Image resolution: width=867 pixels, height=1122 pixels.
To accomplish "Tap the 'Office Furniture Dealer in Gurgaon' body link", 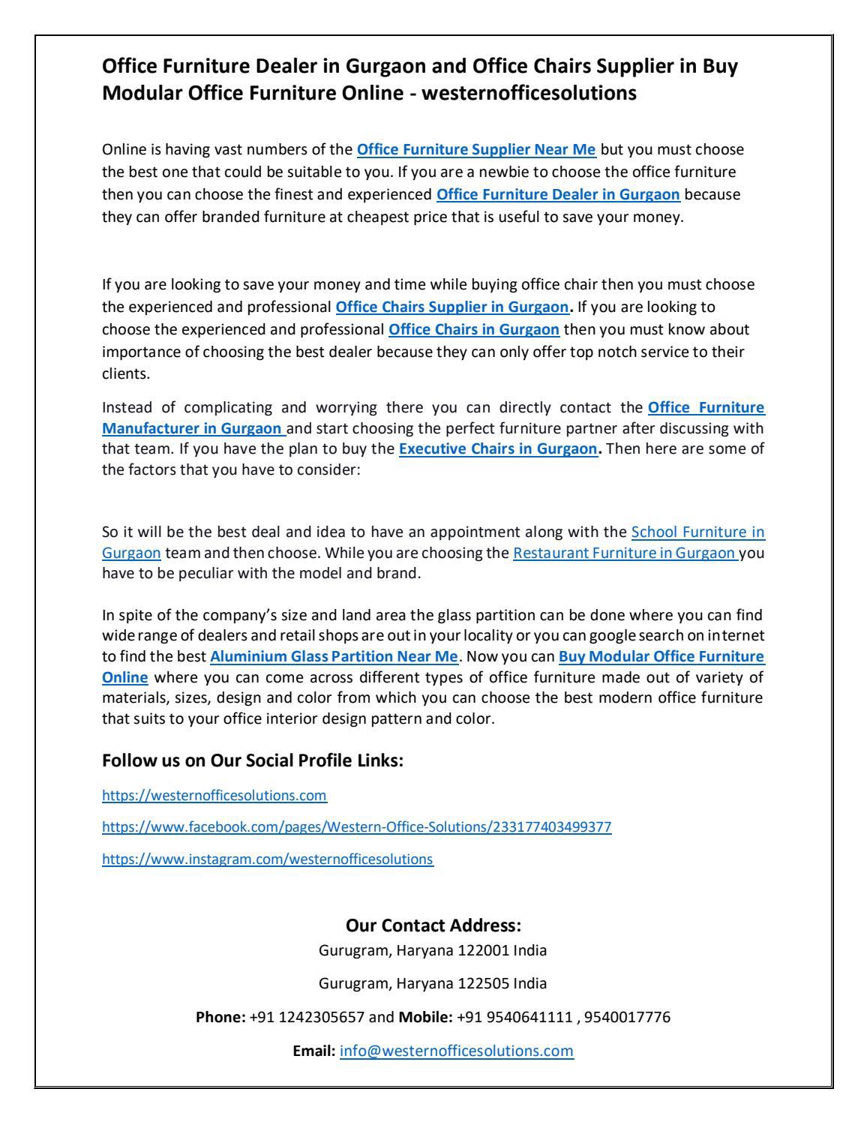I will tap(558, 195).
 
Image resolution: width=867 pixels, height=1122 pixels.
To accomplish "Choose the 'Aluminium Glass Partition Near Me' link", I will tap(334, 656).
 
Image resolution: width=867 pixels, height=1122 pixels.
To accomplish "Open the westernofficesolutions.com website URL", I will tap(214, 794).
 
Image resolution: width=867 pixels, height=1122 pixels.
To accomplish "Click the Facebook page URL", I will tap(356, 827).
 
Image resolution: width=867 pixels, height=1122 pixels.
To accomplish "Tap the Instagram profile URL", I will tap(267, 859).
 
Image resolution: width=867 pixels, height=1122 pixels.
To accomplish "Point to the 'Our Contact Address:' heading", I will tap(433, 925).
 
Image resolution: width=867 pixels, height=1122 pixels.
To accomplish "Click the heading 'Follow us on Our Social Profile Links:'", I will tap(253, 760).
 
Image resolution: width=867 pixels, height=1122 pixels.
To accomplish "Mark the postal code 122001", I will tap(483, 951).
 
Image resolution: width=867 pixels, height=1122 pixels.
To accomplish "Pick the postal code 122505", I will tap(483, 983).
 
